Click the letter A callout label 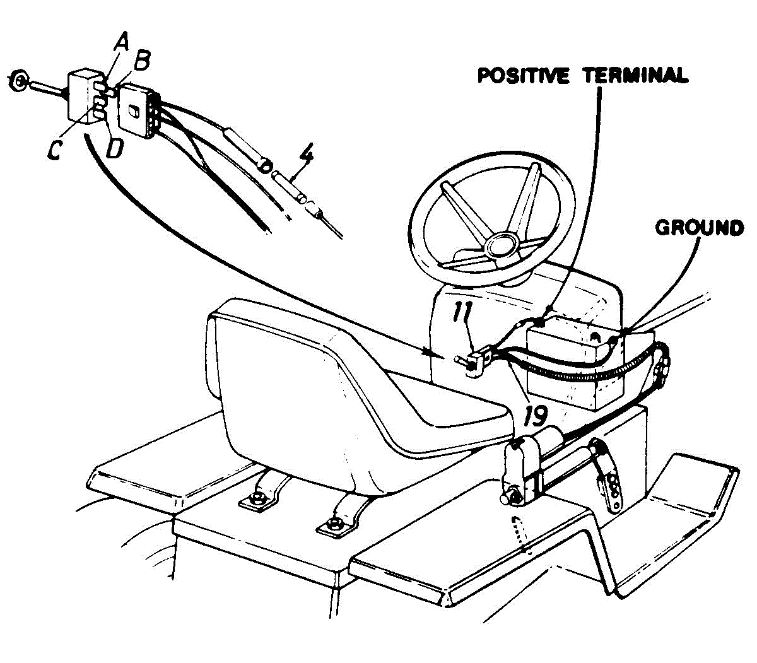(x=121, y=42)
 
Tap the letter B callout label (x=142, y=61)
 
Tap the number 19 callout (x=536, y=414)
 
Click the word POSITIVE (x=523, y=76)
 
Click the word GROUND (x=699, y=227)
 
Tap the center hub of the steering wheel (x=501, y=245)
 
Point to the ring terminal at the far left (x=18, y=81)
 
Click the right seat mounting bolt (x=336, y=524)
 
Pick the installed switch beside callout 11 (x=476, y=364)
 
